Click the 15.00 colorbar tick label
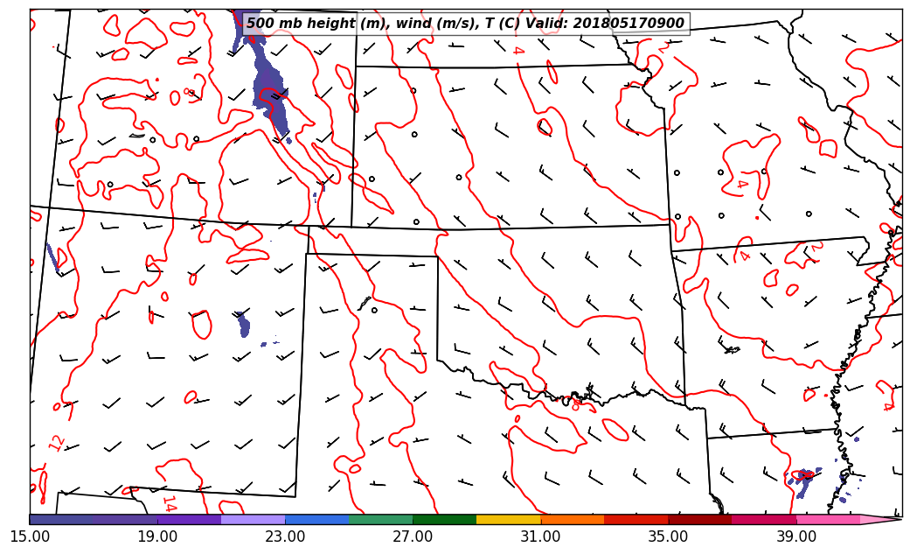pyautogui.click(x=30, y=536)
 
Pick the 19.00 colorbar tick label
pyautogui.click(x=157, y=536)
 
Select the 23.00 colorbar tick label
pyautogui.click(x=285, y=536)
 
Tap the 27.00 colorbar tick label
pyautogui.click(x=413, y=536)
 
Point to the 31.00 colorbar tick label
pyautogui.click(x=540, y=536)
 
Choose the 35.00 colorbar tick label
pyautogui.click(x=669, y=536)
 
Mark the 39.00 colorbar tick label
pyautogui.click(x=796, y=536)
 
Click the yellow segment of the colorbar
pyautogui.click(x=509, y=519)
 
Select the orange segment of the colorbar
pyautogui.click(x=573, y=519)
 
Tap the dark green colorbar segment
pyautogui.click(x=445, y=519)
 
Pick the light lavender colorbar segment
pyautogui.click(x=254, y=519)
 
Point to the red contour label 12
pyautogui.click(x=57, y=443)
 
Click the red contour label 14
pyautogui.click(x=169, y=504)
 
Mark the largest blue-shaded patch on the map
pyautogui.click(x=267, y=83)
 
